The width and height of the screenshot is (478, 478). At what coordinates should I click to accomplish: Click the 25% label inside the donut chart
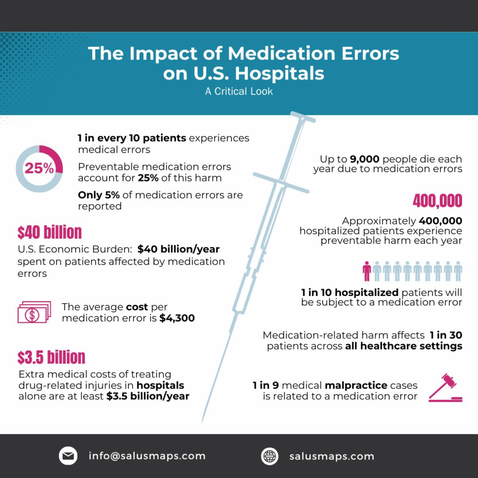[39, 169]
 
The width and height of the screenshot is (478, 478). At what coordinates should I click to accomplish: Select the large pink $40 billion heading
[49, 232]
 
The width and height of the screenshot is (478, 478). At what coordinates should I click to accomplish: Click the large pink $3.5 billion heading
[51, 357]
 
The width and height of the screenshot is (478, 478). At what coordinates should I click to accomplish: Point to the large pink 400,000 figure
[437, 201]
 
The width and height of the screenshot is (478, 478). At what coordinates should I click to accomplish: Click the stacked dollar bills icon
[34, 312]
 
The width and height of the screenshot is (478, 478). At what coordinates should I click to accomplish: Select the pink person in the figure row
[367, 271]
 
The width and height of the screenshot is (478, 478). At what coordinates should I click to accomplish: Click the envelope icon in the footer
[68, 456]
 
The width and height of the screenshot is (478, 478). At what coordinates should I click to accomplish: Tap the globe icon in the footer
[269, 456]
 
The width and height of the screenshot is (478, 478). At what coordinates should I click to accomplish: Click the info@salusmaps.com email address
[147, 456]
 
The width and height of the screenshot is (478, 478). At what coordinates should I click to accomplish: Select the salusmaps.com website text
[331, 457]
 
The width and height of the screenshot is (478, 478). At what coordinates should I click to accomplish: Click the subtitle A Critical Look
[239, 91]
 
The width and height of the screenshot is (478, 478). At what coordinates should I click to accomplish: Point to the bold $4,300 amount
[177, 318]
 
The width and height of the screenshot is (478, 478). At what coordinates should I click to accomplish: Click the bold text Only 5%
[99, 195]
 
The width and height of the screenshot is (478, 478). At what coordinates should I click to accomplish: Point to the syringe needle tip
[203, 421]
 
